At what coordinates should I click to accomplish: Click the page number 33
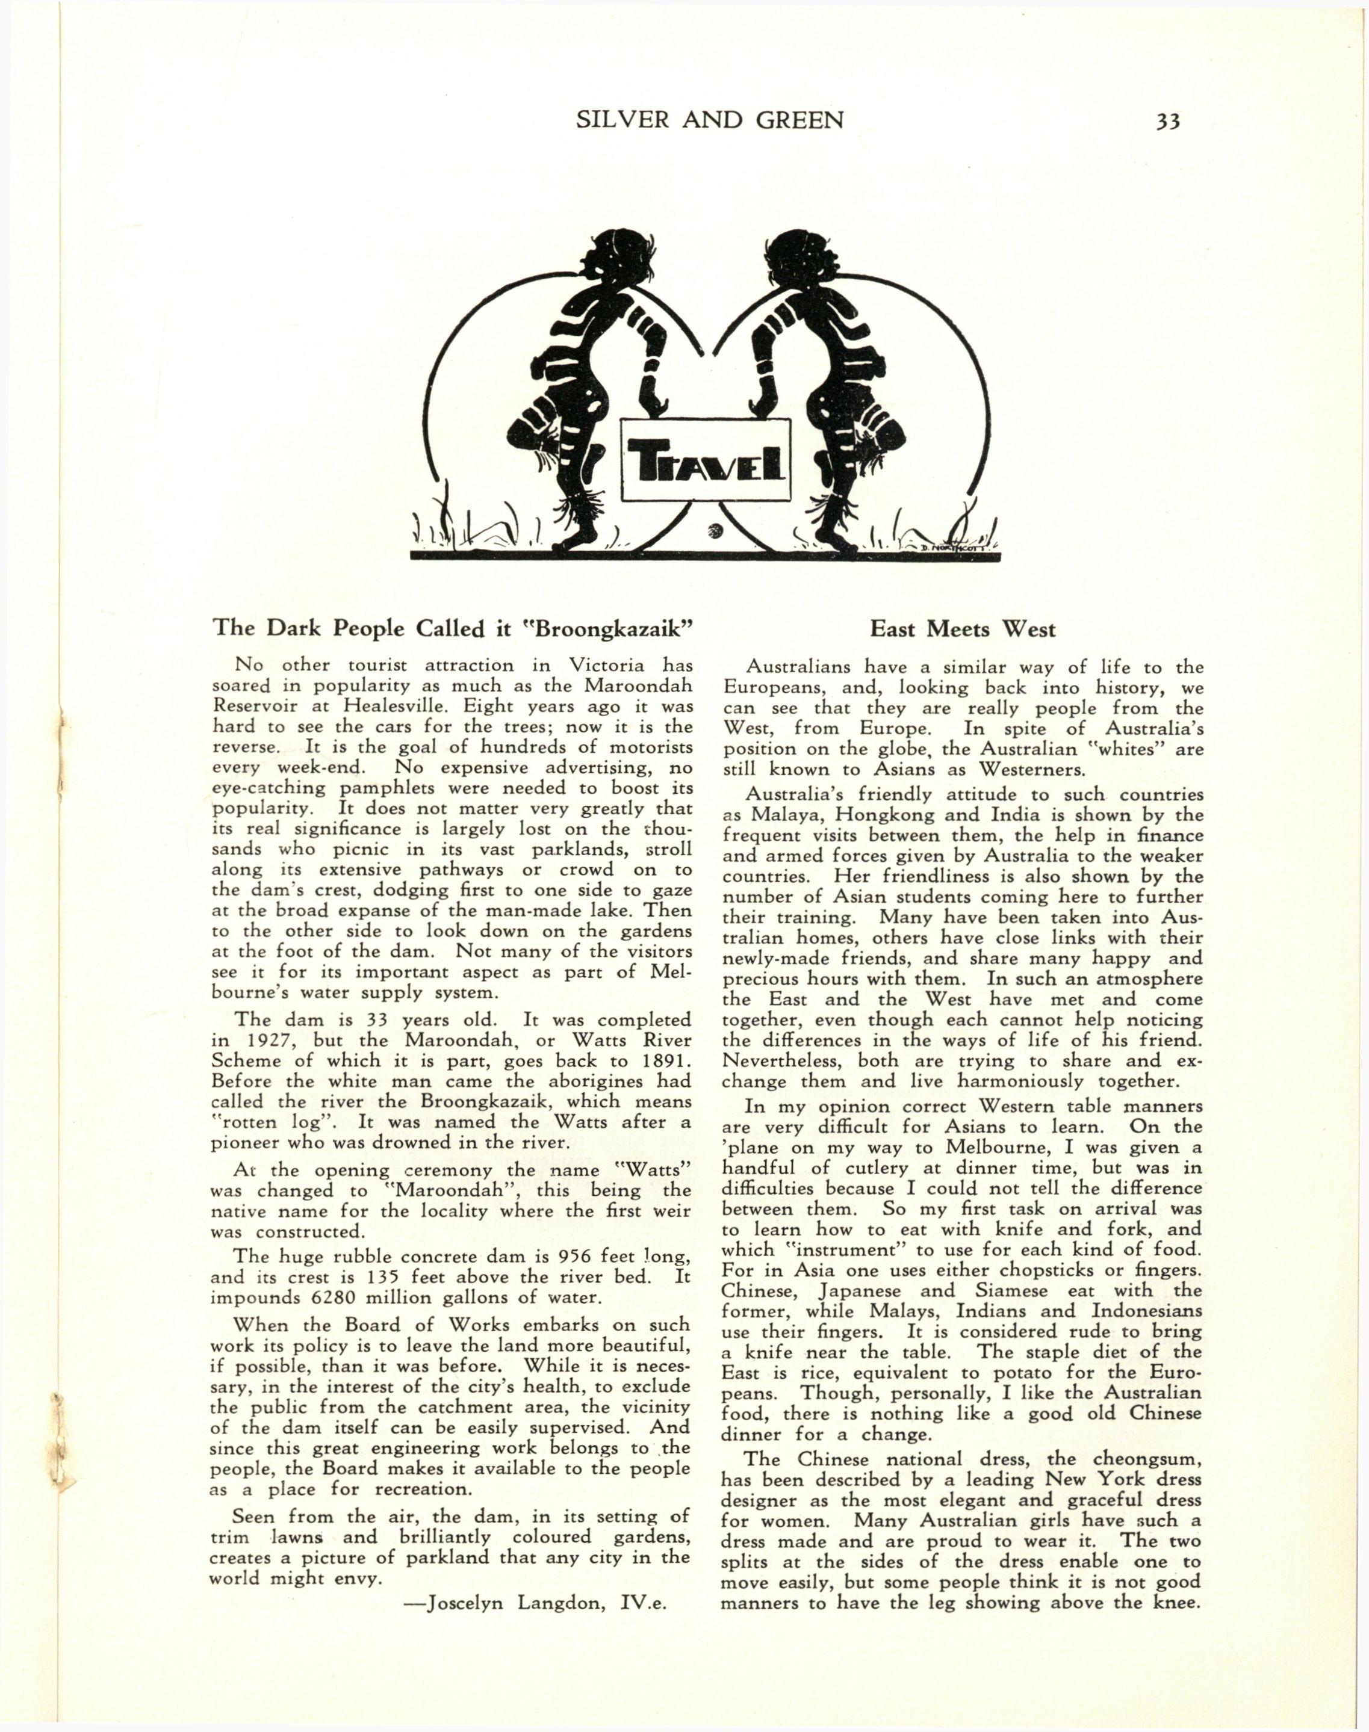[x=1167, y=122]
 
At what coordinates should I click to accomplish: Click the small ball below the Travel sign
[x=716, y=530]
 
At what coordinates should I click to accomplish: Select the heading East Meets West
[x=963, y=629]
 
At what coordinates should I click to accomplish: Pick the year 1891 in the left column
[x=662, y=1060]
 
